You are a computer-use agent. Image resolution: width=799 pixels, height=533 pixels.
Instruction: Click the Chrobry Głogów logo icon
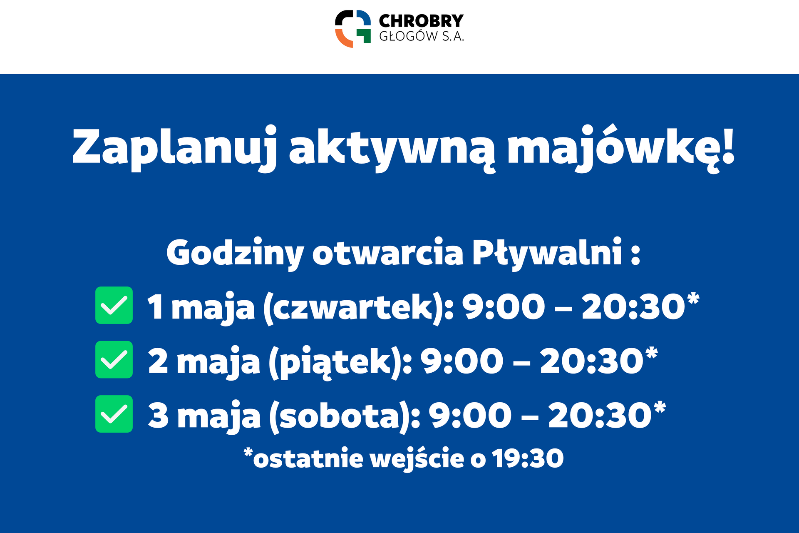(x=353, y=29)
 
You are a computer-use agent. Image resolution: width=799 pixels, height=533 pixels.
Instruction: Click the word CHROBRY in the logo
(x=421, y=20)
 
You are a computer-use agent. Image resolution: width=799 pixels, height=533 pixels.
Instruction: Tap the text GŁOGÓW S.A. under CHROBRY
(x=422, y=36)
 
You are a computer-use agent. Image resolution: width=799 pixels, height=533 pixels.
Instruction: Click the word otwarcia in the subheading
(x=388, y=252)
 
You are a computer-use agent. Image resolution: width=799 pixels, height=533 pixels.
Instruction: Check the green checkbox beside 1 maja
(x=114, y=305)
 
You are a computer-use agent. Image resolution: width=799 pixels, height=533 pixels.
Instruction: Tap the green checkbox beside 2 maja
(x=114, y=359)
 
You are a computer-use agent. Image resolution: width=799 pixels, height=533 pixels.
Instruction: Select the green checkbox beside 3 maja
(x=114, y=414)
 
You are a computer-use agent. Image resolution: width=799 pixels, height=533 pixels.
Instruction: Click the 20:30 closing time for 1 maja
(x=633, y=307)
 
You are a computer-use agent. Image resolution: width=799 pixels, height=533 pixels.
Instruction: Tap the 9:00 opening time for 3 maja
(x=470, y=416)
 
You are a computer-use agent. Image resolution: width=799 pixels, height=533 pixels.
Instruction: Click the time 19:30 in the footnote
(x=528, y=459)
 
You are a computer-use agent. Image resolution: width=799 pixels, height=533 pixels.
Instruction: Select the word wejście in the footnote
(x=417, y=459)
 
